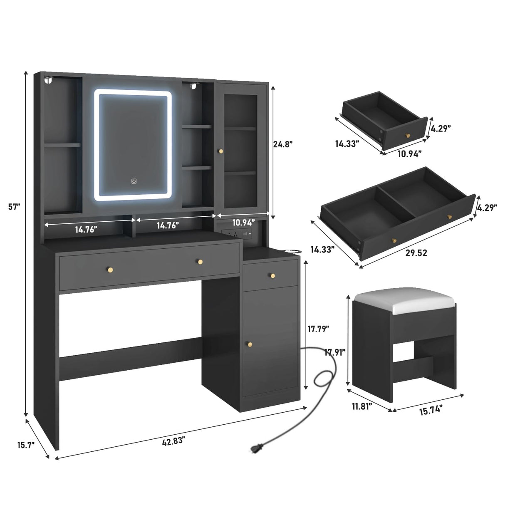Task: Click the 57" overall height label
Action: click(x=14, y=207)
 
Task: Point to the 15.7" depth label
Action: click(x=26, y=445)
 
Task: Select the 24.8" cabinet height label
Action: click(x=283, y=144)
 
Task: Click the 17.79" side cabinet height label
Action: click(x=318, y=328)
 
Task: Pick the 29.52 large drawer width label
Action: click(x=416, y=253)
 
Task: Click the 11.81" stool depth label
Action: click(x=362, y=407)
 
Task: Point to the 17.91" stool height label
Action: click(x=335, y=352)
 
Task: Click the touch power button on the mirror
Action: click(x=134, y=181)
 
